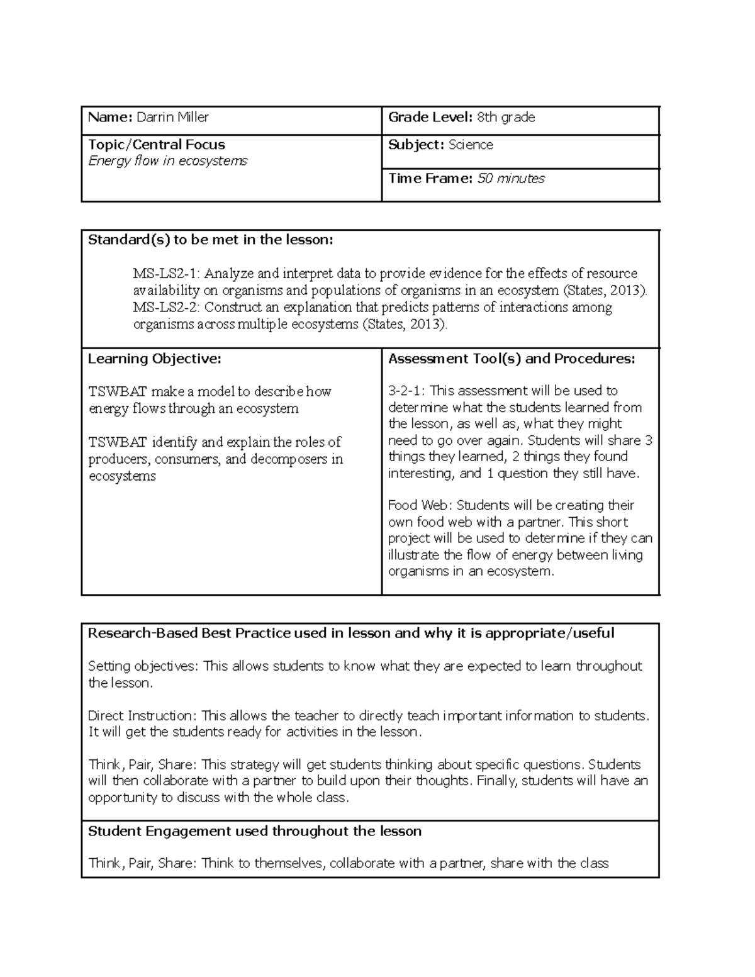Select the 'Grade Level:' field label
[430, 117]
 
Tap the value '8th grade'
[506, 117]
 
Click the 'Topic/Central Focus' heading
[156, 145]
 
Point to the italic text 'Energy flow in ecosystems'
[167, 161]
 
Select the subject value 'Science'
[471, 145]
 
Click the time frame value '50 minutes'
[511, 179]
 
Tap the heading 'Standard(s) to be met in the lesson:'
[210, 240]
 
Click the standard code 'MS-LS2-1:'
[166, 274]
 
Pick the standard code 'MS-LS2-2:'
[166, 308]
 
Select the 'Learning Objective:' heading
[154, 359]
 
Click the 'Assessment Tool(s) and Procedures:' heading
[512, 359]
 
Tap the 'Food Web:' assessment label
[420, 505]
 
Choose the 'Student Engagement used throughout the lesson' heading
[254, 832]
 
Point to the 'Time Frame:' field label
[430, 179]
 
